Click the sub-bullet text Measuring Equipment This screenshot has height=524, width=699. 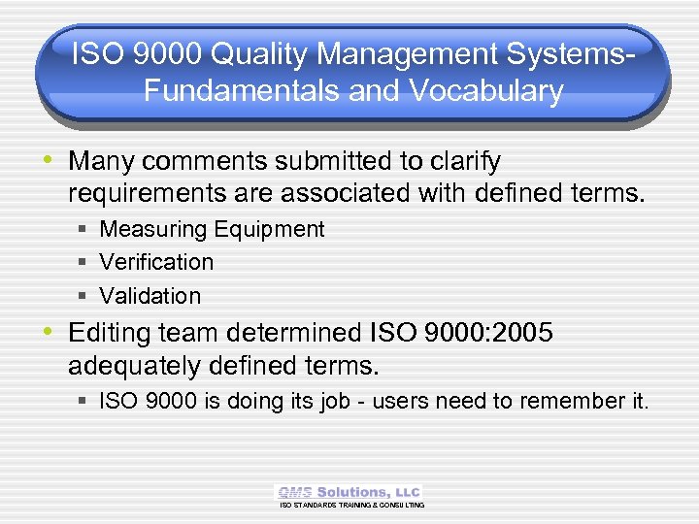pos(212,230)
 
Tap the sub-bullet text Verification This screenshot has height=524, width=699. pos(156,263)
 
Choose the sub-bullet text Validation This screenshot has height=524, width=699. pos(150,296)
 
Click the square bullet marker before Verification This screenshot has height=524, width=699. pos(84,263)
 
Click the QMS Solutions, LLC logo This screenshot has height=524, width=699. pos(349,493)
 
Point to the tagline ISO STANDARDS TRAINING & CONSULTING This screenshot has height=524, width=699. pos(351,506)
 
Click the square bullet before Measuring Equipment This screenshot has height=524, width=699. pos(84,230)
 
